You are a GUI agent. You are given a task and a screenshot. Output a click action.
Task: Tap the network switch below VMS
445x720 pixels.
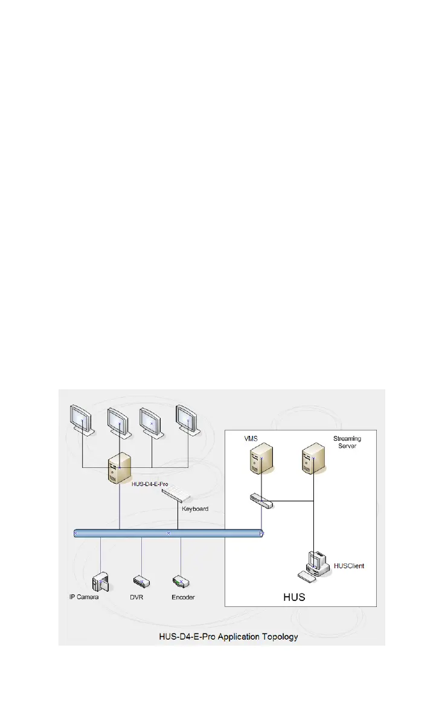tap(261, 500)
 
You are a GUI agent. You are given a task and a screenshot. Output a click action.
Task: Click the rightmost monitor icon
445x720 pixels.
tap(187, 421)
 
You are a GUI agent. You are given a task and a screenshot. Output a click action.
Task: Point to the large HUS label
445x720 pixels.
tap(294, 597)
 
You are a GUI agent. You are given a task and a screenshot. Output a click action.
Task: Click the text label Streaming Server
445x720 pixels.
tap(347, 442)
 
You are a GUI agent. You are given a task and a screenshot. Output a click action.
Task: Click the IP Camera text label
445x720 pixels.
tap(83, 597)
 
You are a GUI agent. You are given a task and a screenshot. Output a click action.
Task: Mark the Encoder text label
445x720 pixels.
tap(184, 597)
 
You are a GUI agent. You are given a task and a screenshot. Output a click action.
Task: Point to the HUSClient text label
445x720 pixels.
tap(349, 566)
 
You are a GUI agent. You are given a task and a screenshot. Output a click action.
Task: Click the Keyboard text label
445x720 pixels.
tap(195, 509)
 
